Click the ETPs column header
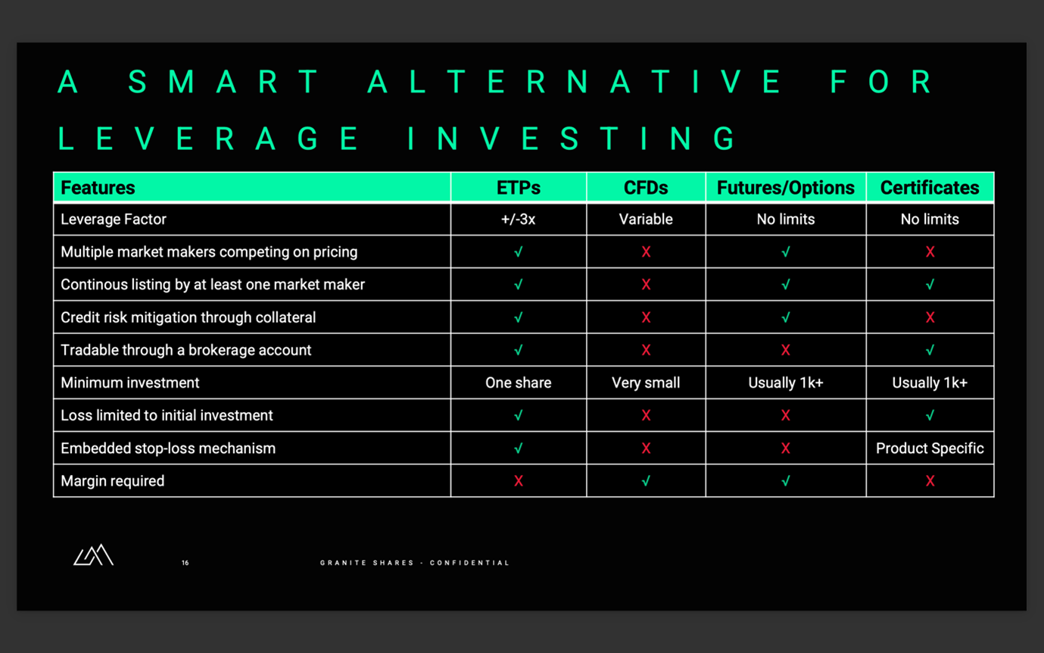519,188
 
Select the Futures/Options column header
785,188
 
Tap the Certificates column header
930,188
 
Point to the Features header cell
98,188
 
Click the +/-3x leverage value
519,220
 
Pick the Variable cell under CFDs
646,220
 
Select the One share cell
519,383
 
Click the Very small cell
646,383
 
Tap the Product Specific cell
930,448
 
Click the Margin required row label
113,481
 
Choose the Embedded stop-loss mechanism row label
168,448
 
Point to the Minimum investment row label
130,383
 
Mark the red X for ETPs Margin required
519,481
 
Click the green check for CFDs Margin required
646,481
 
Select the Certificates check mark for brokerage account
930,350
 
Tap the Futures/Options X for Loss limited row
785,416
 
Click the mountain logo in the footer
93,555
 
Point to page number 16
185,563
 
